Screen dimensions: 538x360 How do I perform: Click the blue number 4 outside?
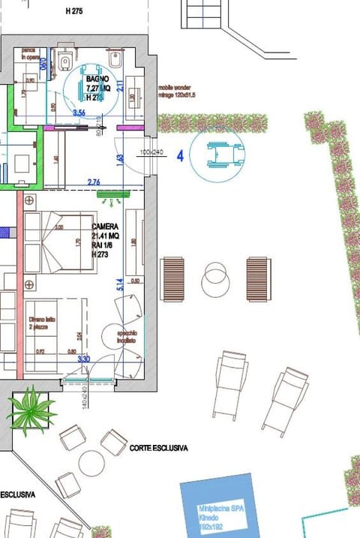[180, 156]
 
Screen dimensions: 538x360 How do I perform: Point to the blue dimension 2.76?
[94, 182]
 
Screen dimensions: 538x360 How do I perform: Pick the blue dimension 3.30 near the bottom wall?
[85, 359]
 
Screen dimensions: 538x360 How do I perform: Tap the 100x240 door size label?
[151, 152]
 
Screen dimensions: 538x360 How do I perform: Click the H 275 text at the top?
[74, 11]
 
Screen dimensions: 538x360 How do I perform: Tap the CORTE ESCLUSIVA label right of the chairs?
[158, 448]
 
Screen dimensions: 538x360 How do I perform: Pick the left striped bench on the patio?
[172, 279]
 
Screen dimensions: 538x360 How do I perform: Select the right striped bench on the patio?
[258, 279]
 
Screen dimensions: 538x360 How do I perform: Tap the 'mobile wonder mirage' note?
[177, 92]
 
